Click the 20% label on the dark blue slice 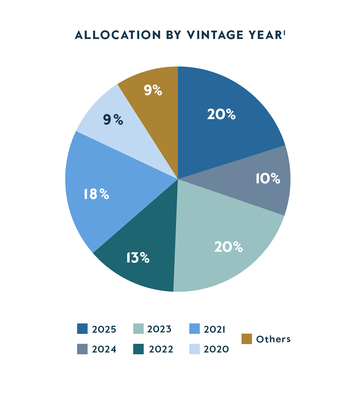[221, 114]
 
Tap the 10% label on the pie [268, 178]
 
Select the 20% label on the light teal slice [228, 247]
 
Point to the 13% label [138, 258]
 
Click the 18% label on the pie [96, 194]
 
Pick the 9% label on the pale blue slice [113, 120]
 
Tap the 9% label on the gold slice [153, 90]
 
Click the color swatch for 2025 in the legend [82, 329]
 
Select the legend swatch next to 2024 [82, 349]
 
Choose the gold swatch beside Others [247, 339]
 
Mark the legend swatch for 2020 [194, 349]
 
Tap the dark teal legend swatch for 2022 [138, 349]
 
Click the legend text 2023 [159, 329]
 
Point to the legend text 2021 [214, 329]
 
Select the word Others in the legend [273, 339]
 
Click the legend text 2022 [161, 349]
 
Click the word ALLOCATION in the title [118, 35]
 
